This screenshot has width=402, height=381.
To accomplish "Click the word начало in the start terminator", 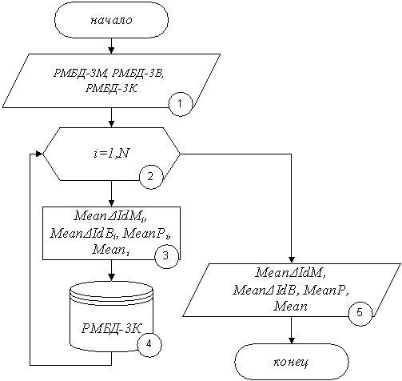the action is point(111,20).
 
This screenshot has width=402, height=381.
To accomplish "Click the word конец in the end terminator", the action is point(291,363).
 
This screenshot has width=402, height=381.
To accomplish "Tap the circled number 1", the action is point(180,104).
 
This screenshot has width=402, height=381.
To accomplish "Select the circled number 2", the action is point(151,177).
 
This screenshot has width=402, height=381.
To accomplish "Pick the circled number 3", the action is point(166,256).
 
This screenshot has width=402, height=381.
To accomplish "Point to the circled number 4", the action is point(149,344).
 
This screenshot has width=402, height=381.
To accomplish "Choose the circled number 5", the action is point(360,312).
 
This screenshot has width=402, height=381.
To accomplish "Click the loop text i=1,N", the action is point(112,154).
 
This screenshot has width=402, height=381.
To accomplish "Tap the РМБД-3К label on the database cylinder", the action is point(111,328).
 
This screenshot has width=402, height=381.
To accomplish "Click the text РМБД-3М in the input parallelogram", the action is point(80,73).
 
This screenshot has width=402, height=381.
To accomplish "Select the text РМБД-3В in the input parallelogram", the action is point(137,73).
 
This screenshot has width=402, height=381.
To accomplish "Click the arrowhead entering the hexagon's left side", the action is point(39,154).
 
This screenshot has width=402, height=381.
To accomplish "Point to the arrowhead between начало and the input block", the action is point(111,50).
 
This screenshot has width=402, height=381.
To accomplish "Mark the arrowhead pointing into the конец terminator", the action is point(292,340).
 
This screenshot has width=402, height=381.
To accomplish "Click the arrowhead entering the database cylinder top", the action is point(112,277).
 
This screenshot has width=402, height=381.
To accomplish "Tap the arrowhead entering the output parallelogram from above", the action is point(292,260).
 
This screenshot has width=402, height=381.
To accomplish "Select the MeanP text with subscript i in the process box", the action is point(147,234).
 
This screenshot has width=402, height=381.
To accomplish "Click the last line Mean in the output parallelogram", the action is point(290,306).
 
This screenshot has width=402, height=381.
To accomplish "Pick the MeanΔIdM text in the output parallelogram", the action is point(291,273).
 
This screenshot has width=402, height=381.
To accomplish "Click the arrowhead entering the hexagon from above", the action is point(111,124).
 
